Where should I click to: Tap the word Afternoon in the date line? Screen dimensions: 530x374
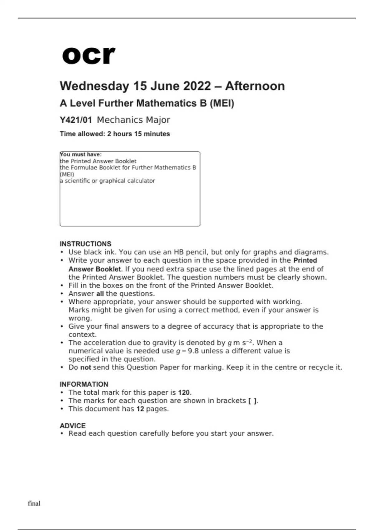255,86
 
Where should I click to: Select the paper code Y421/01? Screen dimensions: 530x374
76,120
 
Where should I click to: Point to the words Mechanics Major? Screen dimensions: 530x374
133,120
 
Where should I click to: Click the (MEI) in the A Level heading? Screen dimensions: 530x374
222,103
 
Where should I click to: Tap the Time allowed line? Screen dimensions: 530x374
115,134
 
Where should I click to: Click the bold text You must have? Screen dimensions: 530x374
81,154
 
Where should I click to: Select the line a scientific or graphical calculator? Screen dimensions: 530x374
108,181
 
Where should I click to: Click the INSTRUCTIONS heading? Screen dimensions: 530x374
85,244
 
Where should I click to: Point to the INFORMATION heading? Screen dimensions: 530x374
84,384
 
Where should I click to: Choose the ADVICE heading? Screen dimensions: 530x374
73,426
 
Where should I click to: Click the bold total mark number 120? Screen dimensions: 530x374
184,393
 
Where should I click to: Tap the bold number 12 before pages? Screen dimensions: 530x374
140,409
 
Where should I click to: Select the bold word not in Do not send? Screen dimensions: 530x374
85,367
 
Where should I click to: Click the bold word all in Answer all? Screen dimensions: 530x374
100,294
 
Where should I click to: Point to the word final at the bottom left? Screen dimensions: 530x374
34,503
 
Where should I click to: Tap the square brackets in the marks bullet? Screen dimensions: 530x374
252,401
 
